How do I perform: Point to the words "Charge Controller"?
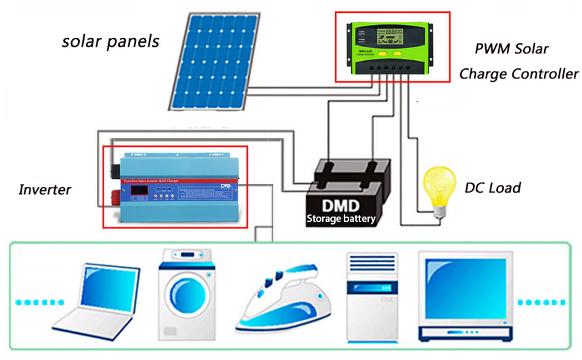pos(518,74)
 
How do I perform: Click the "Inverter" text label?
pos(45,189)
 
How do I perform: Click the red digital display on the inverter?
pos(139,192)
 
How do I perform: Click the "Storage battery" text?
pos(340,219)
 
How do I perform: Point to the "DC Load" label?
pos(493,187)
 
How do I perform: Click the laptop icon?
pos(93,298)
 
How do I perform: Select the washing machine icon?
pos(184,297)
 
